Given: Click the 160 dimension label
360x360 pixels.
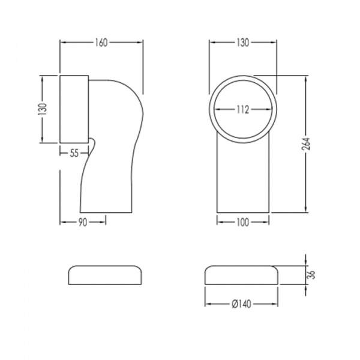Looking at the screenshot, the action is pyautogui.click(x=101, y=43).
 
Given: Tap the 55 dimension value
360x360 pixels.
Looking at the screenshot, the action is pyautogui.click(x=74, y=154).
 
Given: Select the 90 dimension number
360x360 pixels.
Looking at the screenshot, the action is pyautogui.click(x=83, y=223).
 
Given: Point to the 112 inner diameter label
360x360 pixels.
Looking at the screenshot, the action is pyautogui.click(x=243, y=110).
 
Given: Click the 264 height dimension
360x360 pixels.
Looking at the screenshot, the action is pyautogui.click(x=306, y=144).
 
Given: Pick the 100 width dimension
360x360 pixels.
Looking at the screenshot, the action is pyautogui.click(x=242, y=222).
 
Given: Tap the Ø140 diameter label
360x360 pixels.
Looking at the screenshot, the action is pyautogui.click(x=242, y=304).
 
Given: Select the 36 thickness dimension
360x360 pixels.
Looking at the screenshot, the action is pyautogui.click(x=312, y=275).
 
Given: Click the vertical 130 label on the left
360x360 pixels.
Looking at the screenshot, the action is pyautogui.click(x=43, y=109).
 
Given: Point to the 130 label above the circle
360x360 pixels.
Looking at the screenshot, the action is pyautogui.click(x=243, y=43).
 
